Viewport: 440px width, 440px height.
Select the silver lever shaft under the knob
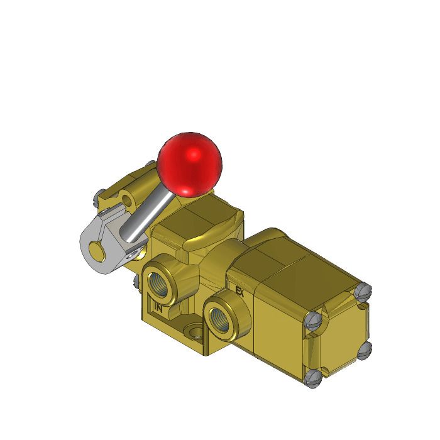(148, 217)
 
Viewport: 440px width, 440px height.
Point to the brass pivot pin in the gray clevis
(97, 253)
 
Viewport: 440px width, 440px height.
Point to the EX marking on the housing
(239, 291)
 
